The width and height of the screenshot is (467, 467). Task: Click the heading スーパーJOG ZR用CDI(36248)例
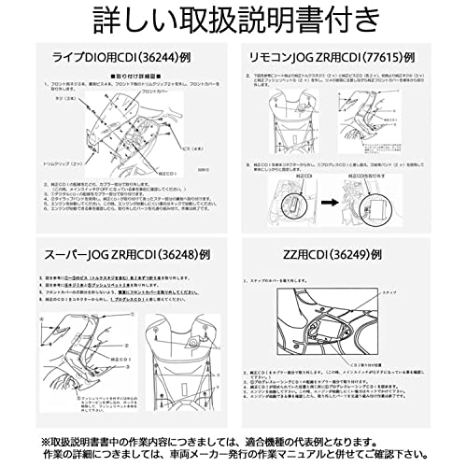pyautogui.click(x=121, y=255)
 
